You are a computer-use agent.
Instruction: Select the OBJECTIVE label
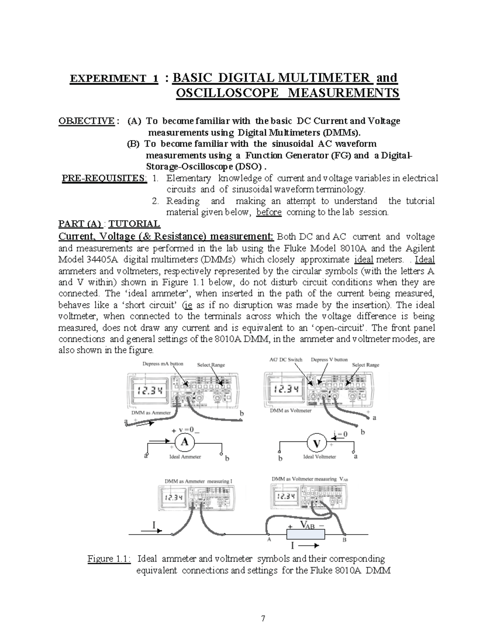pyautogui.click(x=86, y=121)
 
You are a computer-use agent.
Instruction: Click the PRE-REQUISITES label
pyautogui.click(x=104, y=178)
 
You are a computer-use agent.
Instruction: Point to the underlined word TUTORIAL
pyautogui.click(x=134, y=224)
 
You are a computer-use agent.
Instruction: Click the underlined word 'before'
pyautogui.click(x=269, y=212)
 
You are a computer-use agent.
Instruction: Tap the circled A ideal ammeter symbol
pyautogui.click(x=184, y=442)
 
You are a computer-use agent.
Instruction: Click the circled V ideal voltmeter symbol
pyautogui.click(x=317, y=444)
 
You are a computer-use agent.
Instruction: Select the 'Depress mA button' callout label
pyautogui.click(x=163, y=364)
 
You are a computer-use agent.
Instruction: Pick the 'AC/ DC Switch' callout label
pyautogui.click(x=286, y=359)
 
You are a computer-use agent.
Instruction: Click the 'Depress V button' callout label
pyautogui.click(x=329, y=359)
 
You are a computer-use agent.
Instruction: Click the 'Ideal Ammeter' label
pyautogui.click(x=185, y=457)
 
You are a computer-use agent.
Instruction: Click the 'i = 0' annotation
pyautogui.click(x=340, y=434)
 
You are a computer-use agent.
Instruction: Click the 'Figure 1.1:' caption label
pyautogui.click(x=109, y=559)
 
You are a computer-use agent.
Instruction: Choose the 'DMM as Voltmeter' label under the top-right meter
pyautogui.click(x=291, y=411)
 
